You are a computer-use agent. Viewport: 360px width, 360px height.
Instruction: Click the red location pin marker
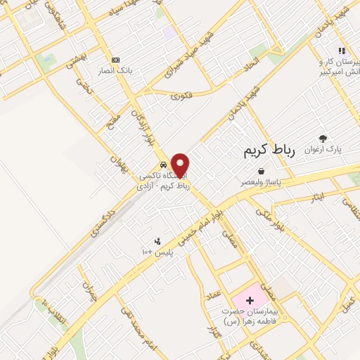point(180,165)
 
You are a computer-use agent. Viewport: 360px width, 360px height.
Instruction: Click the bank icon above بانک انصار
point(116,60)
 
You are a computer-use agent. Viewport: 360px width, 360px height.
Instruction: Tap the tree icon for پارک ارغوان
point(323,139)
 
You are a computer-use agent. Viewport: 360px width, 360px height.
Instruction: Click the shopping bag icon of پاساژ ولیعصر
point(262,171)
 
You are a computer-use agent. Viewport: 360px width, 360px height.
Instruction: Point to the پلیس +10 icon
point(157,240)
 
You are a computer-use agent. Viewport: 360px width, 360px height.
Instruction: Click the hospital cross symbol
point(250,300)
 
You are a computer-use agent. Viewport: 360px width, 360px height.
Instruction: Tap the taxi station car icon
point(164,166)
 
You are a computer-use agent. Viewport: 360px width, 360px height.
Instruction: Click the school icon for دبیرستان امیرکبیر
point(341,51)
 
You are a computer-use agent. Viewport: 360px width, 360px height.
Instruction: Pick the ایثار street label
point(318,198)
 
